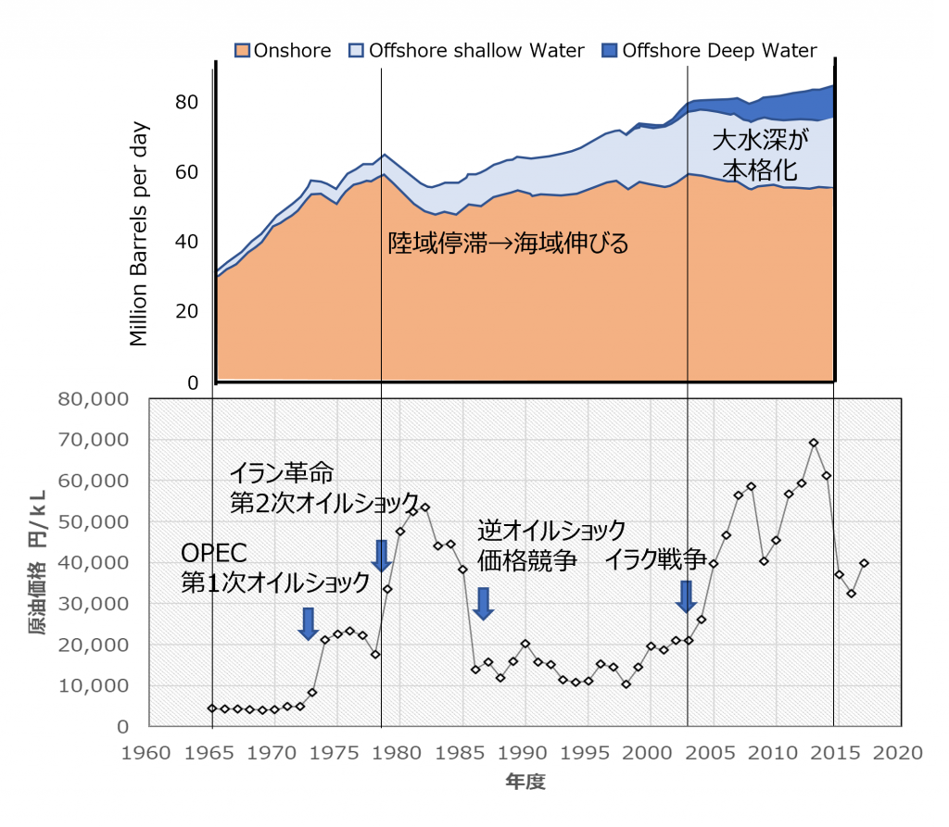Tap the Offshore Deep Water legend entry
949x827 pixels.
pyautogui.click(x=709, y=51)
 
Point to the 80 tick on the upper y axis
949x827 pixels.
pyautogui.click(x=187, y=102)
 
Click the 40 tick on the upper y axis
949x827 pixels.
pyautogui.click(x=187, y=242)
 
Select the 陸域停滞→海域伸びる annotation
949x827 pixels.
pyautogui.click(x=508, y=244)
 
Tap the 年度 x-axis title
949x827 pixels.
pyautogui.click(x=525, y=783)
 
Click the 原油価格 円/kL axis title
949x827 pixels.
pyautogui.click(x=37, y=563)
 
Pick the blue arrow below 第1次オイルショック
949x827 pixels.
pyautogui.click(x=309, y=623)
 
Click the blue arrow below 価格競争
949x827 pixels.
pyautogui.click(x=483, y=603)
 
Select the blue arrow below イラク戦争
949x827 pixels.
pyautogui.click(x=686, y=596)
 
